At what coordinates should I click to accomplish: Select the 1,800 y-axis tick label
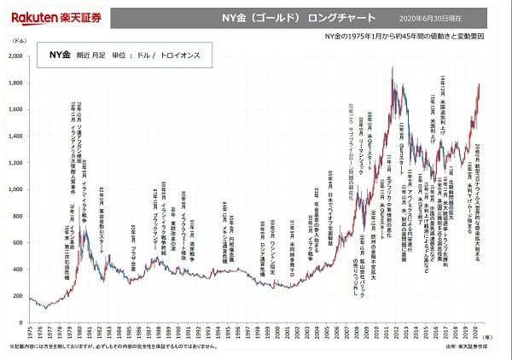16,83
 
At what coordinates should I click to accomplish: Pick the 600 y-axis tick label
18,244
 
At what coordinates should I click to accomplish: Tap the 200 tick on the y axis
18,297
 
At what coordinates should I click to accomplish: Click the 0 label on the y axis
22,323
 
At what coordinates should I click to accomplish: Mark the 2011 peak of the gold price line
393,68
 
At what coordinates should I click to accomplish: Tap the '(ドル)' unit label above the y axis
19,41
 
